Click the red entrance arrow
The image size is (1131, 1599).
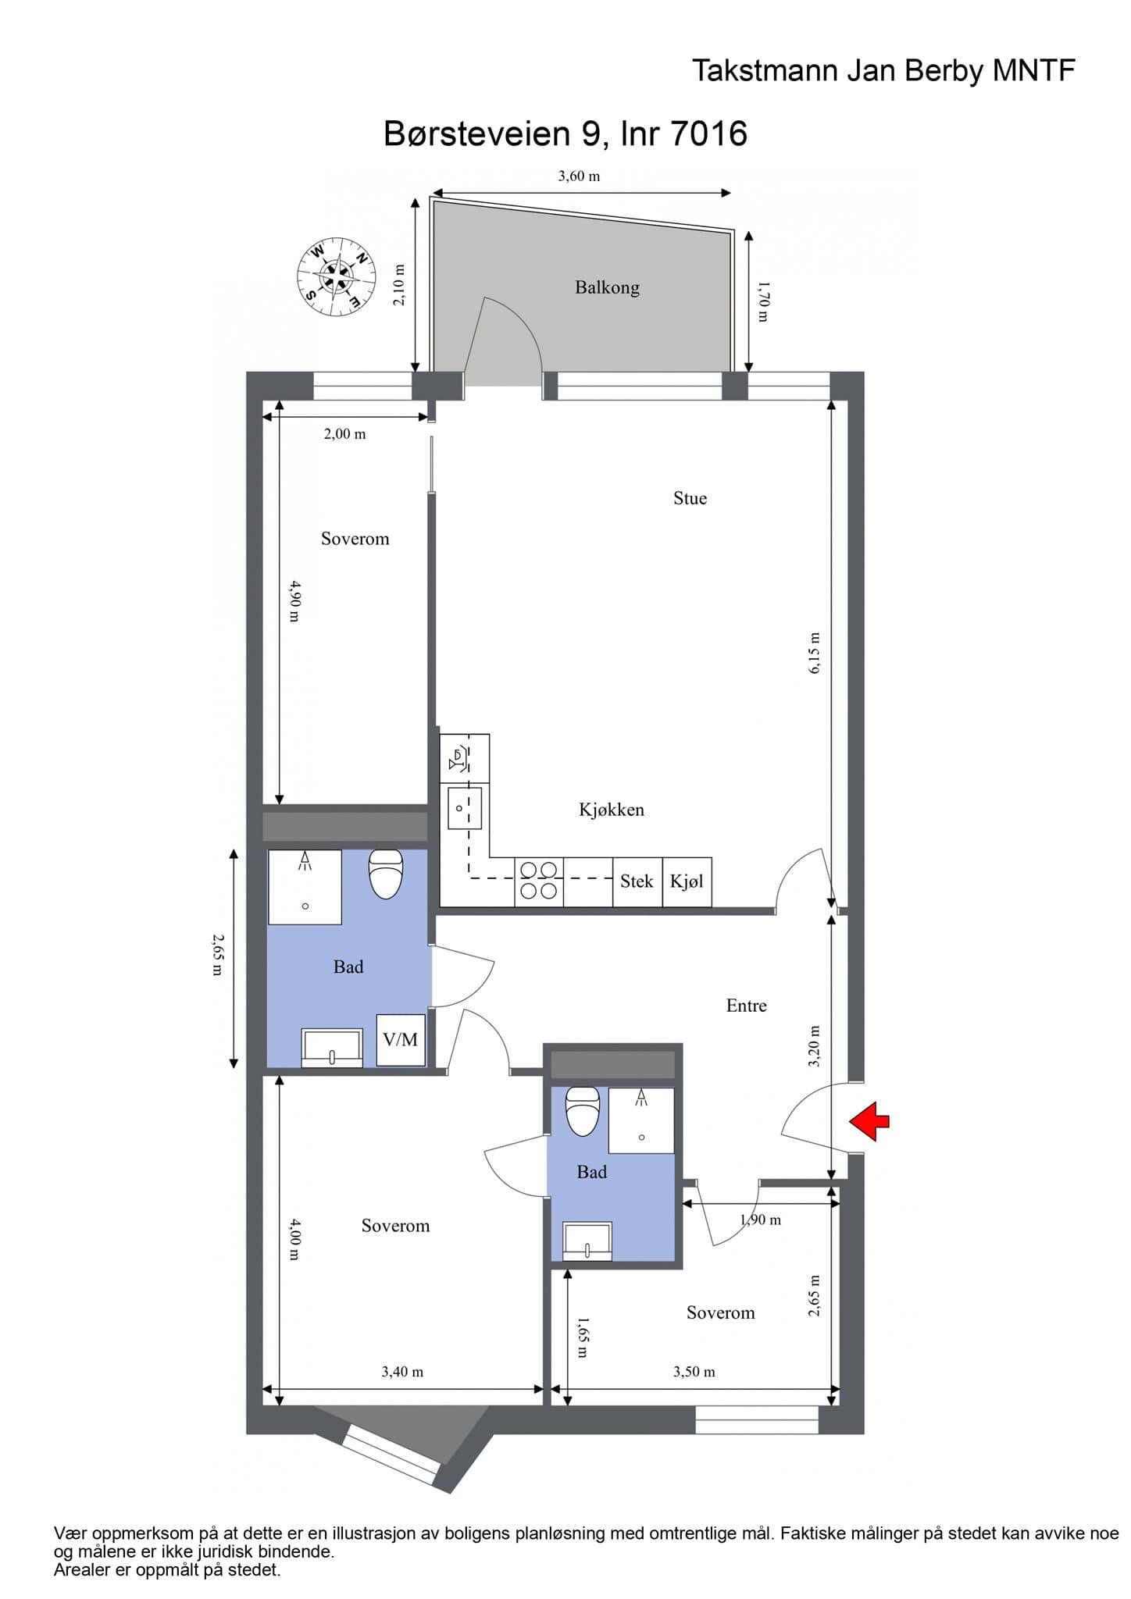point(869,1121)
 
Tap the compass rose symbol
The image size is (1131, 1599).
point(336,277)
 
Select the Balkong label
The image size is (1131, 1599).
point(607,287)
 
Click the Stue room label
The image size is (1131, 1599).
point(690,498)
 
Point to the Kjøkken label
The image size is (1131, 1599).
point(612,810)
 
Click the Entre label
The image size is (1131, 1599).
point(746,1006)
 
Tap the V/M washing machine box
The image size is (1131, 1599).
point(401,1040)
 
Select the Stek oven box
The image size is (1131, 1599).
point(637,882)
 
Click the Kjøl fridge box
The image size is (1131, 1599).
point(687,882)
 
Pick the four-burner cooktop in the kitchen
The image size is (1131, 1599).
point(539,881)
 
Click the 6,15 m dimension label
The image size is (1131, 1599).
point(815,653)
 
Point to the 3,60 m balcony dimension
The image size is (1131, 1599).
point(579,176)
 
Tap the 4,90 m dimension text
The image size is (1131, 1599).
point(294,600)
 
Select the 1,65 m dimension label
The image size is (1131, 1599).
point(582,1337)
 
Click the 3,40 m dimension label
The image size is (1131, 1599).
point(402,1372)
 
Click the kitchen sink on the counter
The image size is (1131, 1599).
point(464,808)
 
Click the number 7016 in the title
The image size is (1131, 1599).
point(709,134)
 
